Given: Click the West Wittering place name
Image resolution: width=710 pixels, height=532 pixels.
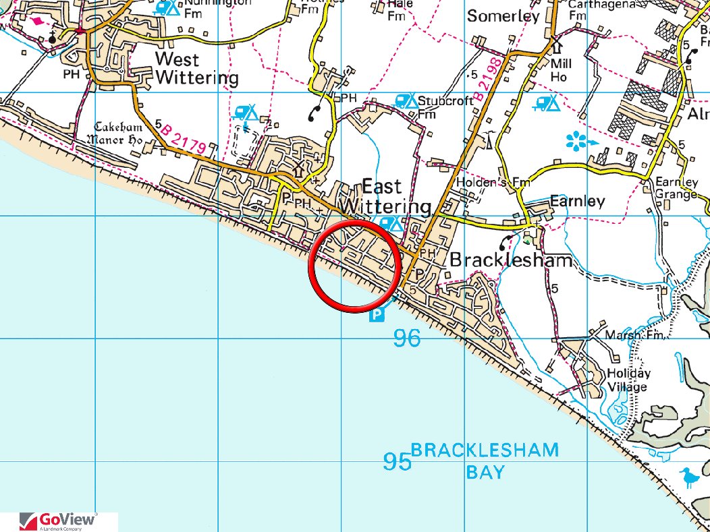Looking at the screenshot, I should click(x=196, y=67).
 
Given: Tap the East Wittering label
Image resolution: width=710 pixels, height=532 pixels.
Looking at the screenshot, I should click(x=386, y=196).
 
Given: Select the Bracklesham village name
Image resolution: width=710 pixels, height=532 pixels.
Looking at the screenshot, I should click(x=511, y=260).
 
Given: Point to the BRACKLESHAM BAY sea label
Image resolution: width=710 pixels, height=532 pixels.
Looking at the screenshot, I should click(x=485, y=460).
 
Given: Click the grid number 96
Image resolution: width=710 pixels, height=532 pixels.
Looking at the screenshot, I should click(x=406, y=338).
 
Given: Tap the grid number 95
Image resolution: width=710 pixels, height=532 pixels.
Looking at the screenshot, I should click(x=398, y=462).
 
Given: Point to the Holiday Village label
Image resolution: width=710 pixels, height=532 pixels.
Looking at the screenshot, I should click(x=628, y=380).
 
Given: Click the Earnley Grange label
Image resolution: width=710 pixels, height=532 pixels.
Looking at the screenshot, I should click(x=676, y=188).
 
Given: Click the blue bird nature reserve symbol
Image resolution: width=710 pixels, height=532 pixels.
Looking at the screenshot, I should click(x=689, y=477).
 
